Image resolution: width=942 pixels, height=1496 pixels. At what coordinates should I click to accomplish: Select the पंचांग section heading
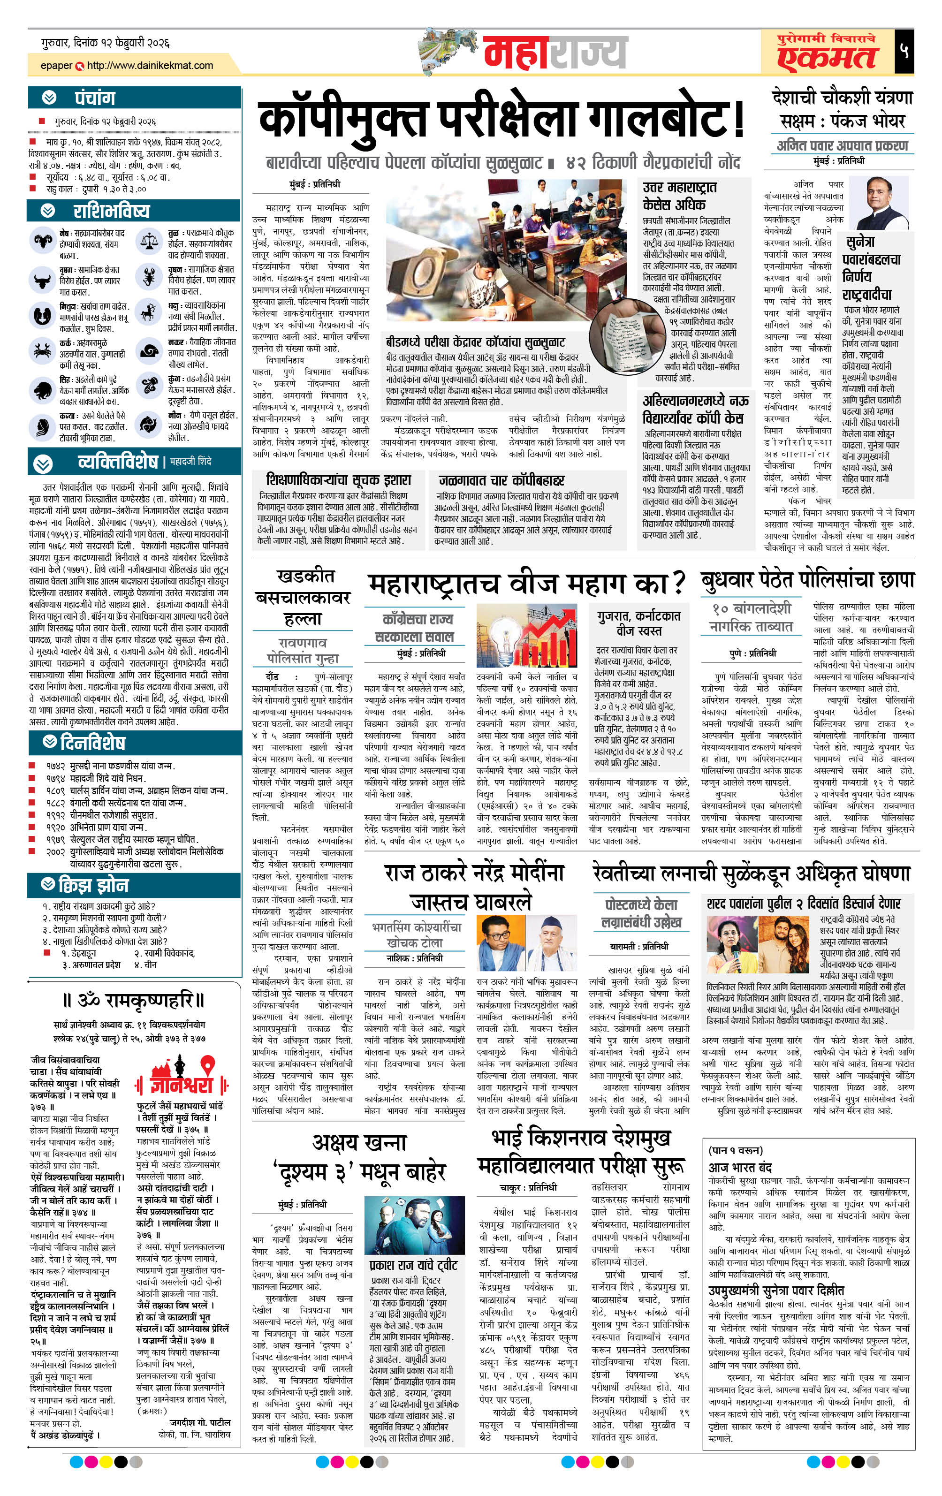(x=94, y=98)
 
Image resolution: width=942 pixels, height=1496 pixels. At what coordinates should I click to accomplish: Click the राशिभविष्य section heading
(x=111, y=211)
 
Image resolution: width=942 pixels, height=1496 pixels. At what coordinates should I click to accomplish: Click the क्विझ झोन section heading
(x=93, y=885)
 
